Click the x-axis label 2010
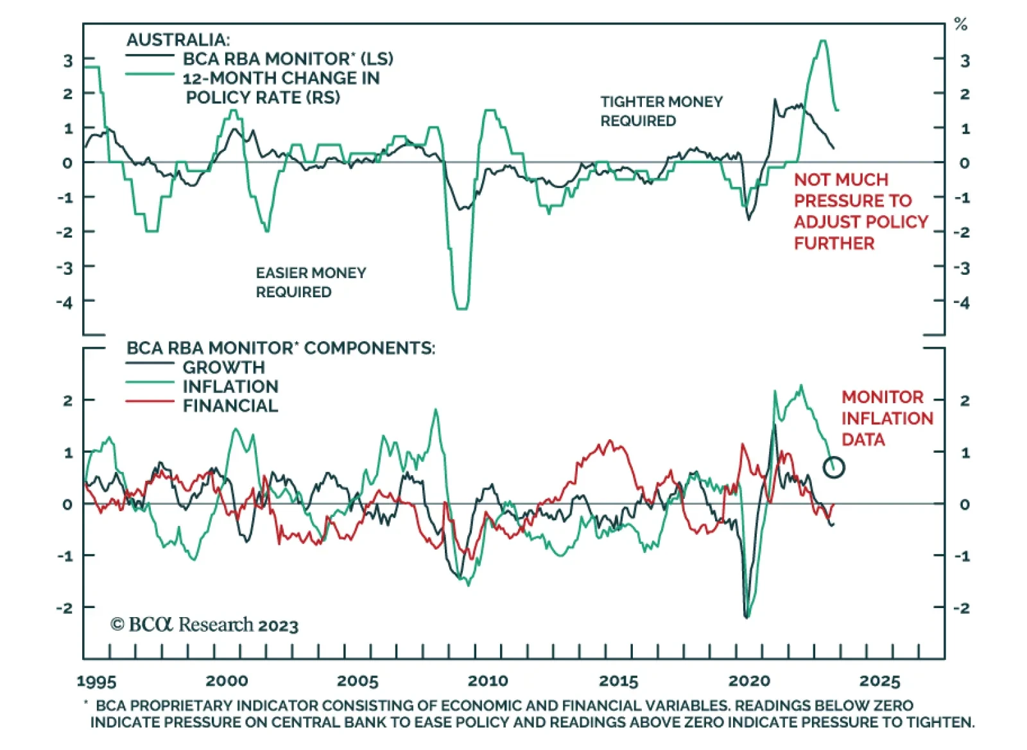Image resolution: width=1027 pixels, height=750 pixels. (488, 681)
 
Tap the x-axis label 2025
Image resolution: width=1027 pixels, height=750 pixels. (879, 681)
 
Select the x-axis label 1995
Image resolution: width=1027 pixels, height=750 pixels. (96, 681)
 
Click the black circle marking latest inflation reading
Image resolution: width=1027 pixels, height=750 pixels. (834, 467)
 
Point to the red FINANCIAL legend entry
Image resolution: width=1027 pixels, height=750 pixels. (230, 406)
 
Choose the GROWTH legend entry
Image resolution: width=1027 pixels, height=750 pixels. (223, 367)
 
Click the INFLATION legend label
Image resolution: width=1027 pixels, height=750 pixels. (230, 387)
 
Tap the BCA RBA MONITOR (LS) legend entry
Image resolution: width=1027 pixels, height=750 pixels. (288, 59)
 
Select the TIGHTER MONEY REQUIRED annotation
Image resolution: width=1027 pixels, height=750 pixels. (661, 111)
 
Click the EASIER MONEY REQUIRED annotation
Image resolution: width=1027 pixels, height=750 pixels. (311, 283)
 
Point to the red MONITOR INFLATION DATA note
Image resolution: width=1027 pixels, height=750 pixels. (886, 418)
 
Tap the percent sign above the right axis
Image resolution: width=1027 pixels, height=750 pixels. (960, 25)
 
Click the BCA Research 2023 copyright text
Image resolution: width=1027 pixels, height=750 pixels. (204, 625)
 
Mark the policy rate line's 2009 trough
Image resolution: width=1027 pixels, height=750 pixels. (462, 308)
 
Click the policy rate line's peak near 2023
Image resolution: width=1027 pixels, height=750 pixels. (823, 41)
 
